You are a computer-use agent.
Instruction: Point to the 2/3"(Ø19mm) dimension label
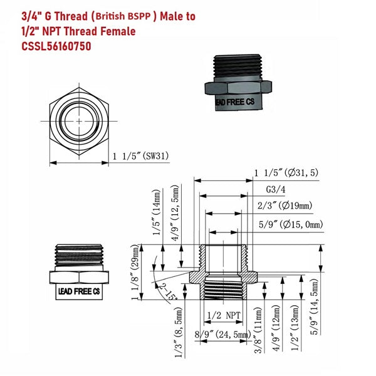point(285,205)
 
